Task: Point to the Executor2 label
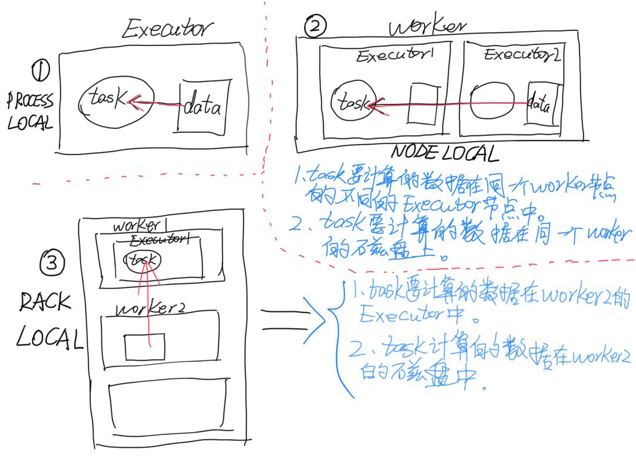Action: pyautogui.click(x=521, y=55)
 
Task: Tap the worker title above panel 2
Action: pyautogui.click(x=428, y=27)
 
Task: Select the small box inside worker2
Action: pyautogui.click(x=144, y=346)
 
